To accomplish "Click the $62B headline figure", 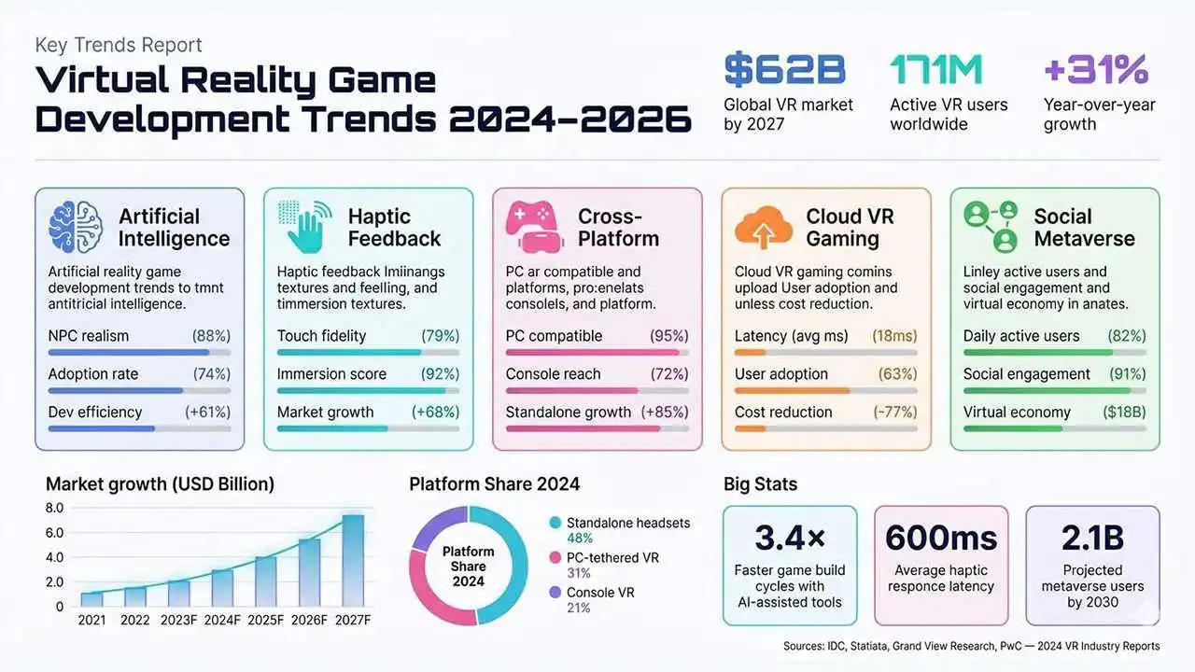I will pos(784,70).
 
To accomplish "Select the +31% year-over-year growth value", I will pos(1095,70).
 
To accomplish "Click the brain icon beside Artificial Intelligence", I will pos(75,227).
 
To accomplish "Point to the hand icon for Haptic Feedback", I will pos(304,227).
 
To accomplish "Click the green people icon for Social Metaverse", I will pos(990,227).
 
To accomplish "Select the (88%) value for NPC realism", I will pos(211,336).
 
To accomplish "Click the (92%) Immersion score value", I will pos(440,374).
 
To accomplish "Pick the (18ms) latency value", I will pos(894,336).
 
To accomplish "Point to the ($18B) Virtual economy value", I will pos(1124,413).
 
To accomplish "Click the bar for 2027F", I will pos(353,560).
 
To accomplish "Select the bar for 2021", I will pos(91,599).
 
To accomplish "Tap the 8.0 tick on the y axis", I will pos(53,509).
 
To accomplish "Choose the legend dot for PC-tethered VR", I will pos(555,558).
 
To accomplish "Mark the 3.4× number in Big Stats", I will pos(790,539).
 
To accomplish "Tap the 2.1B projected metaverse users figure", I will pos(1092,539).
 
